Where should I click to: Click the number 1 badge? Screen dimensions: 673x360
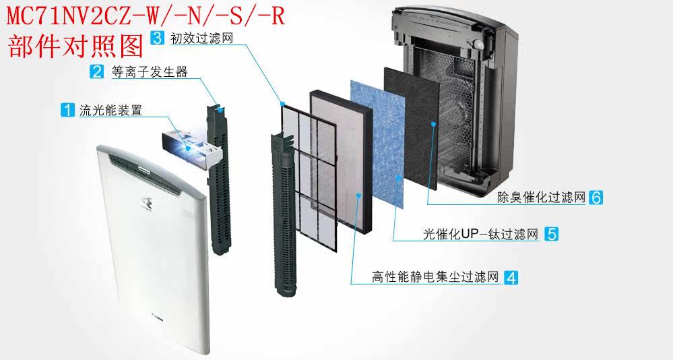pos(67,110)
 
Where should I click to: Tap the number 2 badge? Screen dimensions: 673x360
pos(98,72)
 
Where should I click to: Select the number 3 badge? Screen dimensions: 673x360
pos(156,38)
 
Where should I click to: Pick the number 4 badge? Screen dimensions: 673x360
pos(511,276)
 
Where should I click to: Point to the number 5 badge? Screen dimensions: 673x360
pos(551,234)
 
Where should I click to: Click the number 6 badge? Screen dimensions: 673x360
pos(595,198)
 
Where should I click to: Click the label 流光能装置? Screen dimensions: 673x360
pos(110,111)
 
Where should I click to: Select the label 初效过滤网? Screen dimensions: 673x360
pos(201,38)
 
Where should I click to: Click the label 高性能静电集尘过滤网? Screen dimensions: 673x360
pos(435,277)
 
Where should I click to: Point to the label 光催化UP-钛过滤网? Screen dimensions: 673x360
pos(480,235)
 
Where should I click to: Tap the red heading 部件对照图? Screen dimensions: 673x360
pos(75,46)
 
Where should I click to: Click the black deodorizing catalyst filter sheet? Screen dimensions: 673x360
pos(411,128)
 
